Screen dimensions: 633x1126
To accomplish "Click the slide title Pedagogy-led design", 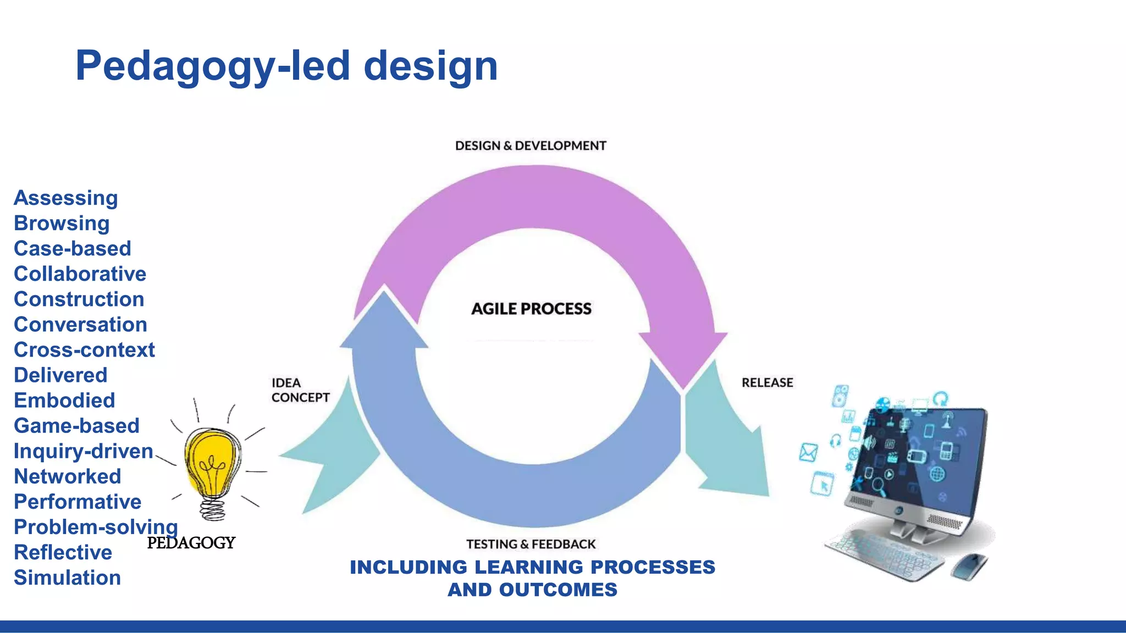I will coord(286,66).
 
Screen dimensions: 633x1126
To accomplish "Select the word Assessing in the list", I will coord(65,198).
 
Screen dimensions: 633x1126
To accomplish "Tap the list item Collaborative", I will coord(80,274).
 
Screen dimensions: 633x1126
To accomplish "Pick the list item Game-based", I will coord(76,426).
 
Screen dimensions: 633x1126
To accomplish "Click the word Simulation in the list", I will coord(67,578).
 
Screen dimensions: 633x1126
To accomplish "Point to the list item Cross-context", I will coord(84,350).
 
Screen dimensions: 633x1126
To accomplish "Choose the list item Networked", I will coord(67,476).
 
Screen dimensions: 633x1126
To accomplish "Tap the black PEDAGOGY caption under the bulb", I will coord(191,543).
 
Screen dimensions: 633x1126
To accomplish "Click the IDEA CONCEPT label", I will coord(300,390).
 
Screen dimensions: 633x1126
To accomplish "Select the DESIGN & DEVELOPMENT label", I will coord(530,146).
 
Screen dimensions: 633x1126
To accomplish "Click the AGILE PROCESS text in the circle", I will coord(531,309).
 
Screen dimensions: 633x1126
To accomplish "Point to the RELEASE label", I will coord(767,382).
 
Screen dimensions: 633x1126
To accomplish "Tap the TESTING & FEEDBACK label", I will coord(531,544).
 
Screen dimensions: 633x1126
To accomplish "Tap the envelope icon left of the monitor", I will coord(808,452).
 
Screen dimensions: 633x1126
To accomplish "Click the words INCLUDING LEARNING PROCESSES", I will coord(532,567).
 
